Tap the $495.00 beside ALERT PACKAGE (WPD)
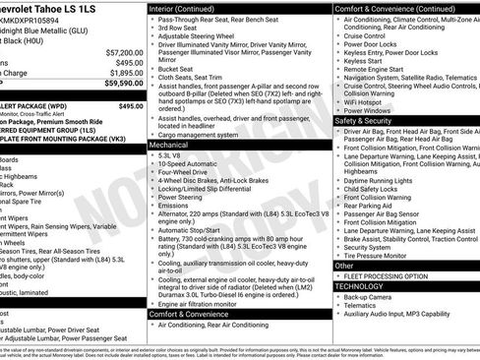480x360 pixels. tap(131, 105)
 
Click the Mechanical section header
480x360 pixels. tap(168, 144)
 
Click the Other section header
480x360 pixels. tap(344, 266)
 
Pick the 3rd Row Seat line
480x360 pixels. tap(180, 29)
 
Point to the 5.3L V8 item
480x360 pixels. tap(169, 154)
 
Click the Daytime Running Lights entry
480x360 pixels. tap(386, 180)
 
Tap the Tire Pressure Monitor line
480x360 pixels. tap(379, 255)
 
